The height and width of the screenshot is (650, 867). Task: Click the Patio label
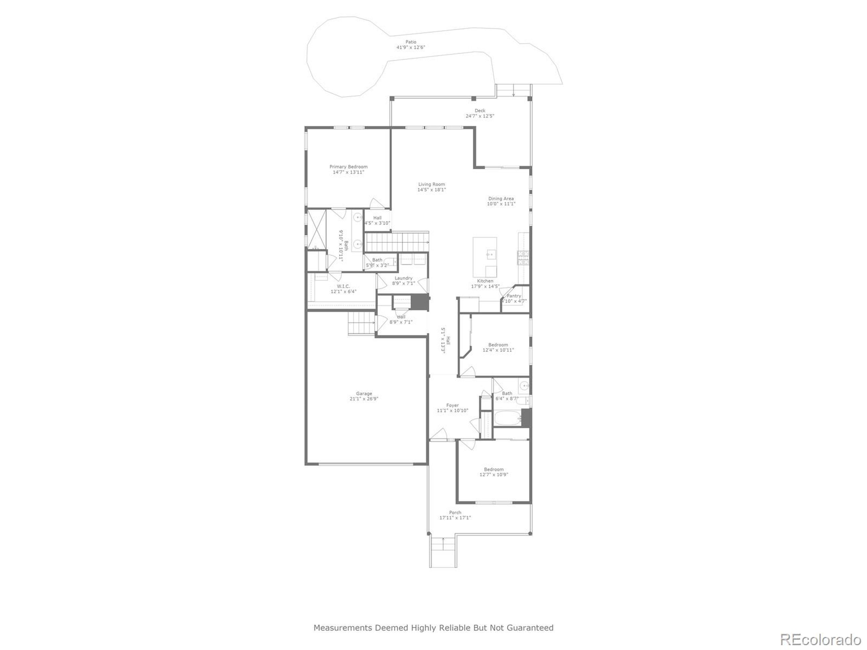click(x=411, y=42)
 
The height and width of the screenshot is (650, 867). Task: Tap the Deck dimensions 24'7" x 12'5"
click(x=480, y=116)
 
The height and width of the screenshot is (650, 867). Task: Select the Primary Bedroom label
click(x=348, y=167)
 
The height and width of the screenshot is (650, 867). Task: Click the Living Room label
click(x=431, y=184)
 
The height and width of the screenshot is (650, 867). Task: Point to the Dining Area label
click(x=501, y=199)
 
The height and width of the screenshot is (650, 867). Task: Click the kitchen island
click(x=485, y=257)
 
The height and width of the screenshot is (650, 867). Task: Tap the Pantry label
click(x=514, y=296)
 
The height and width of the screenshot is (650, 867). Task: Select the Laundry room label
click(x=403, y=278)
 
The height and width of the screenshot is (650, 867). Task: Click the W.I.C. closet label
click(x=343, y=286)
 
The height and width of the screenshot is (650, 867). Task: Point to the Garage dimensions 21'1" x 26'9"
click(x=364, y=399)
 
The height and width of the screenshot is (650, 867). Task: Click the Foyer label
click(x=452, y=406)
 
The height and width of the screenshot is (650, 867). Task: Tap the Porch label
click(x=455, y=513)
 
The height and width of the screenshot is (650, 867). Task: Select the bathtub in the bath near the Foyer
click(x=507, y=418)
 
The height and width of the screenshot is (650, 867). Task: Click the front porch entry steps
click(x=443, y=552)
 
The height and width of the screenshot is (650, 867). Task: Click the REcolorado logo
click(x=820, y=640)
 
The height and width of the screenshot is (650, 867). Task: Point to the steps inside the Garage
click(x=361, y=323)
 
